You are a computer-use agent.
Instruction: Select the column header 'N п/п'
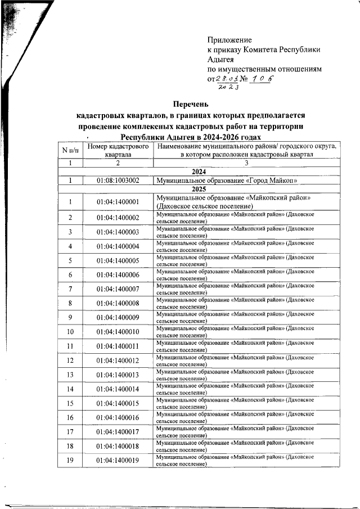70,150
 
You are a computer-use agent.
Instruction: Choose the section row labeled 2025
199,190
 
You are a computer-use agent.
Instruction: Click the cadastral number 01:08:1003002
118,181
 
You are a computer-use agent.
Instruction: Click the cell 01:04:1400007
118,289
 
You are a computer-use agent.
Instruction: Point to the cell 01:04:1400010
118,332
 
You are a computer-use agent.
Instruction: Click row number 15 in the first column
70,404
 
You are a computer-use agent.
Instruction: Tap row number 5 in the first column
70,260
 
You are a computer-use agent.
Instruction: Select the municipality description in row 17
235,433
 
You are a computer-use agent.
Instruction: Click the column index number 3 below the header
245,163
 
